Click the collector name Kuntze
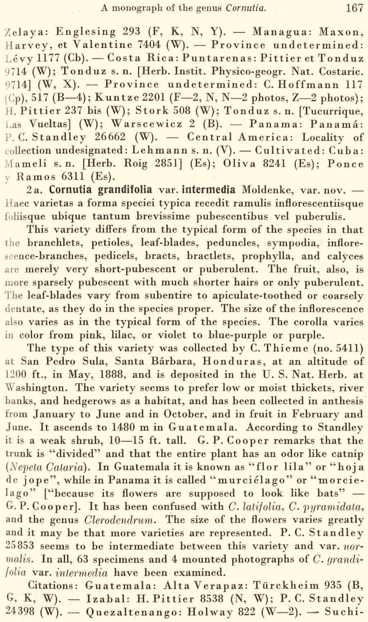pyautogui.click(x=114, y=98)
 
